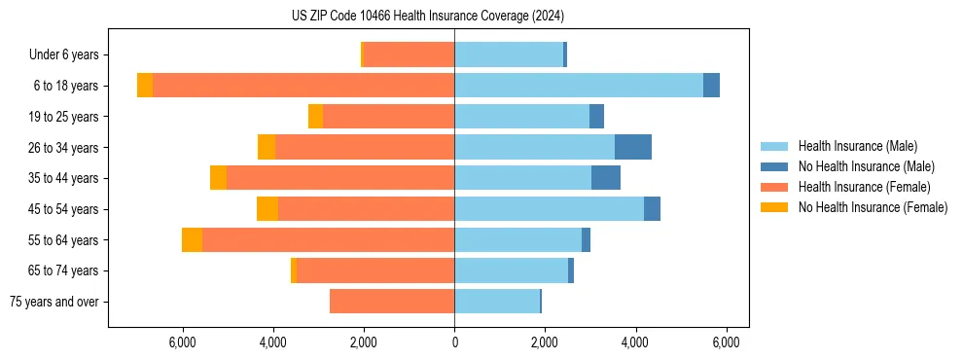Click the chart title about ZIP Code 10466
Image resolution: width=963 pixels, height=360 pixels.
coord(427,17)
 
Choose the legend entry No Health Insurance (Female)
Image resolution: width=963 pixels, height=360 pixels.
coord(873,207)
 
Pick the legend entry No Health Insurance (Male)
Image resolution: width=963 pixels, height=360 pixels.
coord(866,166)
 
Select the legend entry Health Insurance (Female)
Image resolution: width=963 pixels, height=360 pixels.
coord(864,187)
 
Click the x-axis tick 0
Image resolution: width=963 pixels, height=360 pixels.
coord(454,342)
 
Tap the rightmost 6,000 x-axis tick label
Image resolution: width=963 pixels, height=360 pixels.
coord(726,342)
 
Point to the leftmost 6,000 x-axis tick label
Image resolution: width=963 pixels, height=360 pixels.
coord(183,342)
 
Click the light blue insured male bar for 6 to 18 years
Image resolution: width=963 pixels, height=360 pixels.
coord(579,86)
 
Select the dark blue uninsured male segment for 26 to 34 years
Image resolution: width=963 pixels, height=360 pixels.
coord(633,147)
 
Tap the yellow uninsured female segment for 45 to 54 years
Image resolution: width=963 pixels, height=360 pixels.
coord(267,209)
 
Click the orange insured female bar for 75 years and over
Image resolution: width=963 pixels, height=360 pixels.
coord(392,302)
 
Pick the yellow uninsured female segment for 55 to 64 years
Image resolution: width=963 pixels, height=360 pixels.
coord(192,240)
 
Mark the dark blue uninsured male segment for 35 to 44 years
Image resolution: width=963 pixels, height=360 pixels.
coord(606,178)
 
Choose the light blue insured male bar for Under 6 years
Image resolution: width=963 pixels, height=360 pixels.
coord(509,55)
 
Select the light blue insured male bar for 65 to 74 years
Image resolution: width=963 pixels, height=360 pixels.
coord(511,270)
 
